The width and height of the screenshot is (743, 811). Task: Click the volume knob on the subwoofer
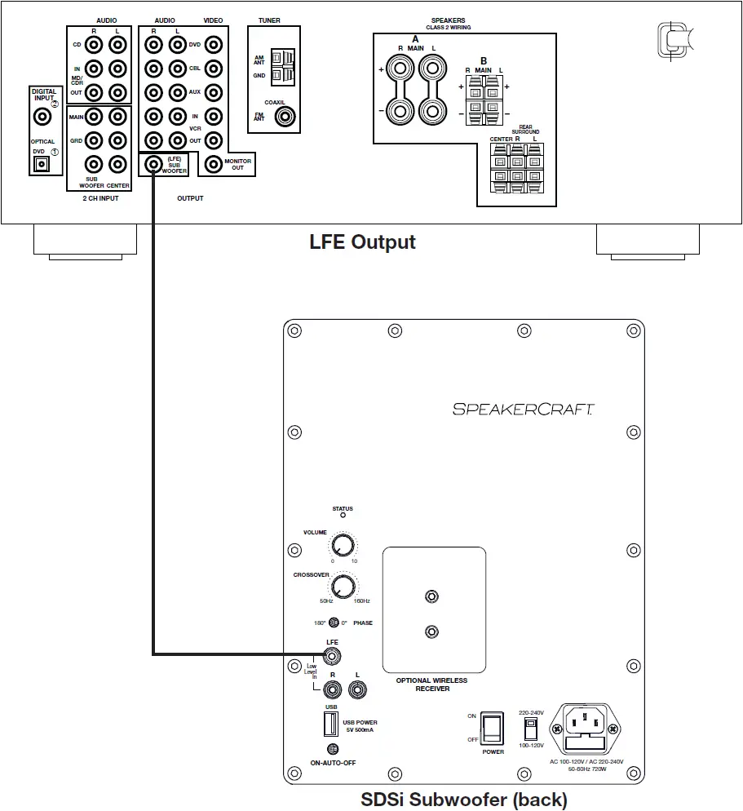pos(344,545)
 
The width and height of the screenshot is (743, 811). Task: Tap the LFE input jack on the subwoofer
pos(332,655)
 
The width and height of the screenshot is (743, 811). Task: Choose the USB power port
pos(331,724)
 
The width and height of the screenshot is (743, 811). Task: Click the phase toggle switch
pos(334,623)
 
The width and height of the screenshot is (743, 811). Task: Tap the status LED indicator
pos(343,516)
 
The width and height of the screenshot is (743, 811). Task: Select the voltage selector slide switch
pos(531,725)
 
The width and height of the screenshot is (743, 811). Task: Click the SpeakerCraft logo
pos(524,409)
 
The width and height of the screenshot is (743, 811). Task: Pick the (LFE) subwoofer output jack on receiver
pos(153,164)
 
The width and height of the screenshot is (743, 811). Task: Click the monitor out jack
pos(214,164)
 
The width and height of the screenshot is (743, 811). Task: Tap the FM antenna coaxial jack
pos(285,117)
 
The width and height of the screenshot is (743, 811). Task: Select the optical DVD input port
pos(40,164)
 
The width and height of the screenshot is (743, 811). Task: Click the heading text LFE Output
pos(362,242)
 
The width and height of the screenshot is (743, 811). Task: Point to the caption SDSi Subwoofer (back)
pos(463,799)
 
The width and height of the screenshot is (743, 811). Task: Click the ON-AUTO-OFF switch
pos(332,749)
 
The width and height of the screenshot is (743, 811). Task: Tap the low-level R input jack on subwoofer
pos(332,689)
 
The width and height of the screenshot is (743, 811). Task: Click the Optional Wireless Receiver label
pos(433,684)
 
